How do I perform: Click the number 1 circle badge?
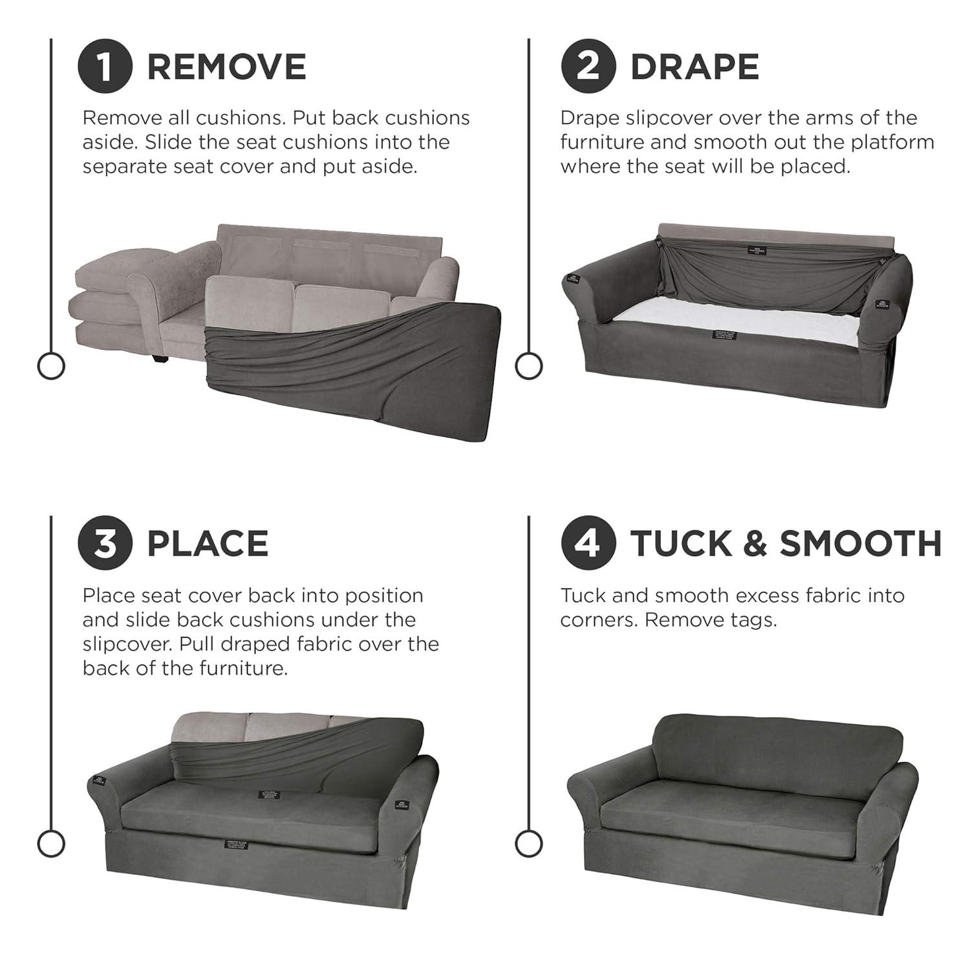click(105, 67)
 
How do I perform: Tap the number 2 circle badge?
click(588, 67)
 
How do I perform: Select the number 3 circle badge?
click(105, 543)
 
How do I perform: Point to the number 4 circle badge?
click(588, 543)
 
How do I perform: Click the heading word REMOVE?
click(226, 67)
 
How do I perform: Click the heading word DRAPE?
click(694, 67)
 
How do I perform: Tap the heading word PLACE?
click(208, 543)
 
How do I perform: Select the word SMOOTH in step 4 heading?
click(860, 543)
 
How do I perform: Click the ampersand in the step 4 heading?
click(755, 543)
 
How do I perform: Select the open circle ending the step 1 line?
click(51, 366)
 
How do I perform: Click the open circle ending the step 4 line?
click(528, 843)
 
